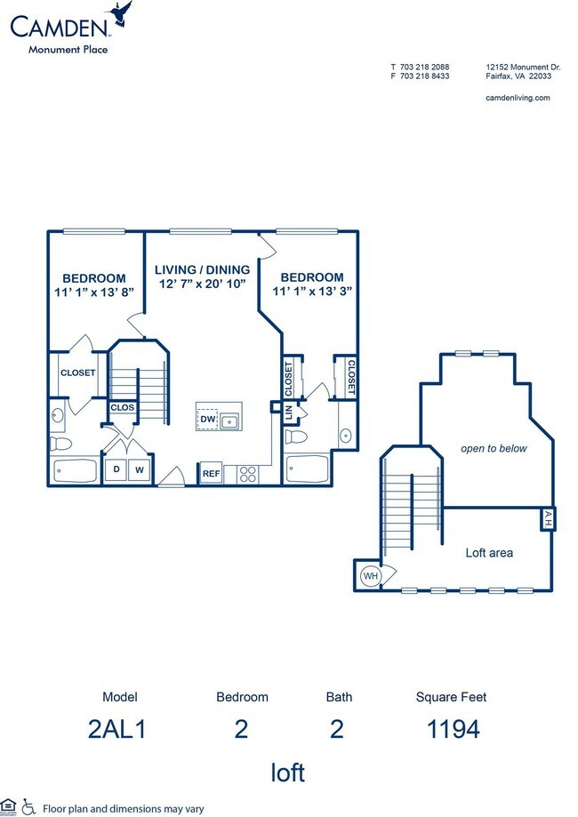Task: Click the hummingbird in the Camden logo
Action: pos(117,14)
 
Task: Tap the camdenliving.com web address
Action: pos(518,98)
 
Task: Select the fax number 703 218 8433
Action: pos(420,76)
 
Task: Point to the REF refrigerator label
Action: pos(211,474)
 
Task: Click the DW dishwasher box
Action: pos(207,418)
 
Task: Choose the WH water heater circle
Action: pos(369,577)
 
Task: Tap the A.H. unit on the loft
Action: pos(547,519)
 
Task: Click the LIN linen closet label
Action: pos(288,413)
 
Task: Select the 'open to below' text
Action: pos(494,449)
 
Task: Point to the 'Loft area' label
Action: pos(489,553)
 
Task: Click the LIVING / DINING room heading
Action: pos(202,269)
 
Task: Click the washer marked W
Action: pos(140,469)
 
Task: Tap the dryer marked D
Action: pos(116,469)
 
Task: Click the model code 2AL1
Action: pos(116,730)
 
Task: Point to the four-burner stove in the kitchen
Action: pos(247,474)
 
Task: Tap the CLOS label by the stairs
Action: pos(122,408)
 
